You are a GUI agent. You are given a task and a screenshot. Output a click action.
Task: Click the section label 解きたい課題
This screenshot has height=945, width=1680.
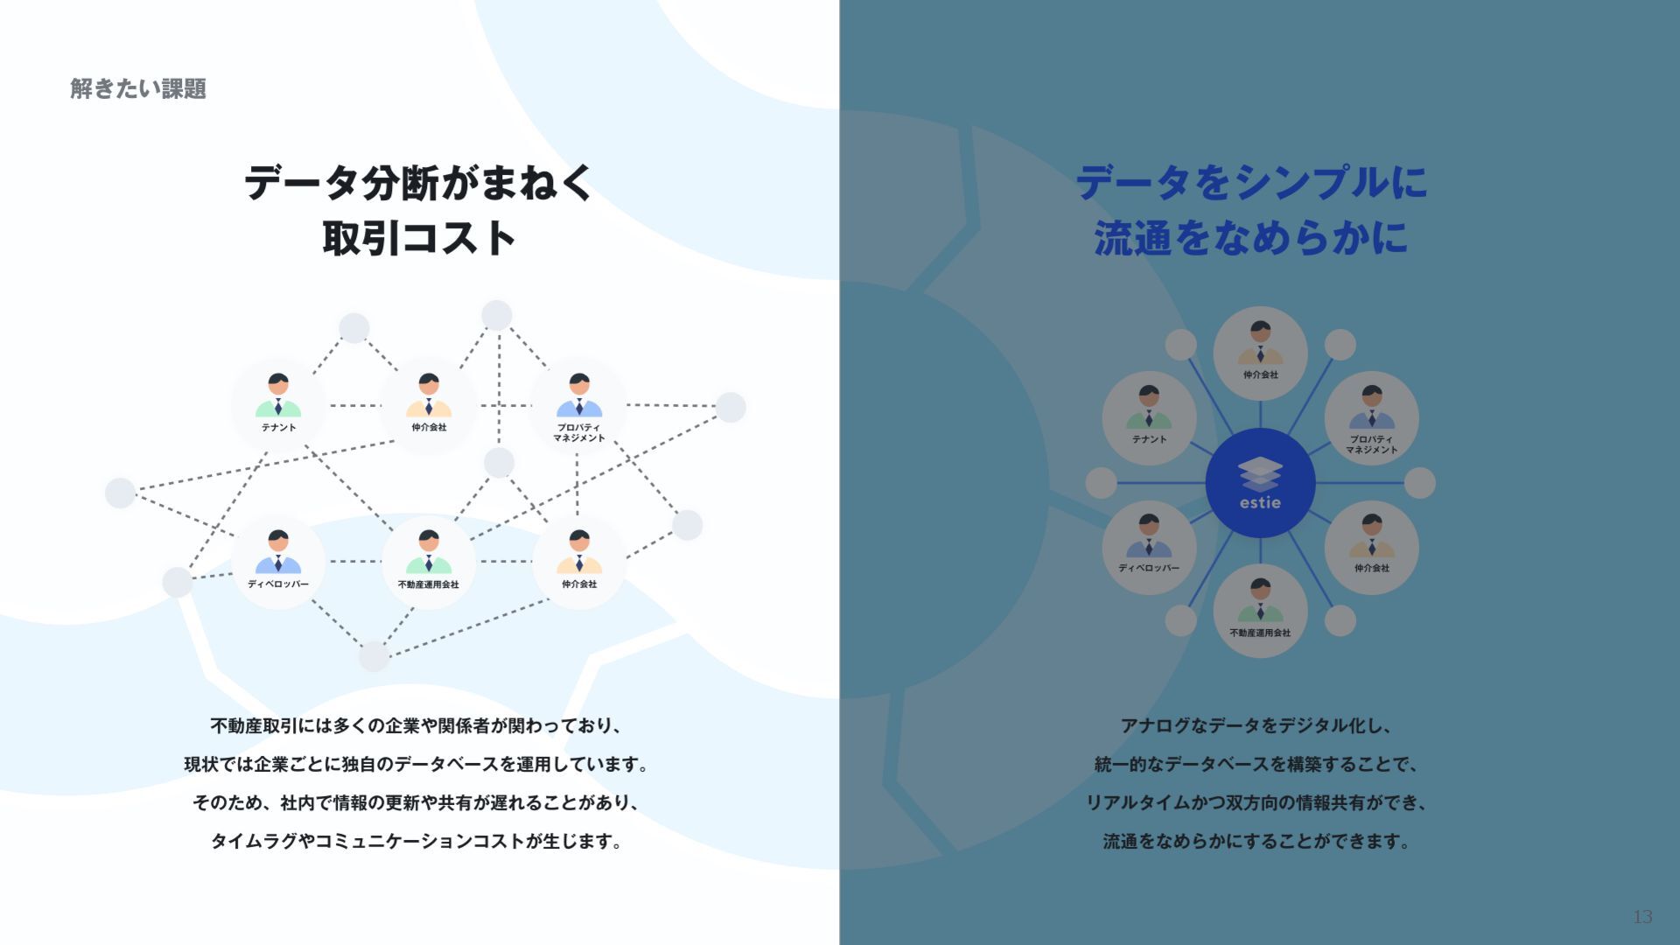click(138, 89)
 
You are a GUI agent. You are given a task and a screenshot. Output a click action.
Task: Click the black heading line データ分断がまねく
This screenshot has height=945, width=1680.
click(418, 183)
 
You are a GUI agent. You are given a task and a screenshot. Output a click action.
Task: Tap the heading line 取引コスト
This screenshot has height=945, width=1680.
click(418, 238)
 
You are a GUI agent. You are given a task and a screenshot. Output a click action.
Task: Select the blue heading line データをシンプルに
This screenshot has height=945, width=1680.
click(1251, 183)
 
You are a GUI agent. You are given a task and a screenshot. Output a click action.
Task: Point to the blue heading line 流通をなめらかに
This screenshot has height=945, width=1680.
click(1251, 238)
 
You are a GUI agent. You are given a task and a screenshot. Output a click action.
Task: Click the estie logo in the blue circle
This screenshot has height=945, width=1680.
click(1260, 483)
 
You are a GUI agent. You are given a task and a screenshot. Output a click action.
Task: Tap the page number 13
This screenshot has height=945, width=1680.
click(1641, 916)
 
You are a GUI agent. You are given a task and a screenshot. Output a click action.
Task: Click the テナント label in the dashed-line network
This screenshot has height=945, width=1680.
click(278, 428)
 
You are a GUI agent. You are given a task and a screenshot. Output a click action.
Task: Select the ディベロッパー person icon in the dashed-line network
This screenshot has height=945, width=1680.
click(278, 551)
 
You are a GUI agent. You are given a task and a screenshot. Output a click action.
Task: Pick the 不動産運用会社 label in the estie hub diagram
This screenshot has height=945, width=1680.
click(1260, 633)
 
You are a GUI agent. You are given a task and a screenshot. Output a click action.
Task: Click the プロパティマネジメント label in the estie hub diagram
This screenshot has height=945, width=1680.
click(1371, 444)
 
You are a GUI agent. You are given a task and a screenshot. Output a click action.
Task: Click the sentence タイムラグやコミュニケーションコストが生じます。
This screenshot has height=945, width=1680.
click(416, 842)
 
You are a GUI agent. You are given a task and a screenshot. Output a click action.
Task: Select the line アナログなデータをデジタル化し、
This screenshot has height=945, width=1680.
click(1256, 726)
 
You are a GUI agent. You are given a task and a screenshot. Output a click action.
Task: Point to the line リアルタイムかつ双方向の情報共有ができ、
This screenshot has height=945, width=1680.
click(1256, 803)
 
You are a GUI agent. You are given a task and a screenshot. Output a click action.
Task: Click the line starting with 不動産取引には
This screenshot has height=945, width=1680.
click(416, 726)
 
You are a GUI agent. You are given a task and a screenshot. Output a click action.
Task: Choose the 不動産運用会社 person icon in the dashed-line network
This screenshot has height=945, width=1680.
click(429, 551)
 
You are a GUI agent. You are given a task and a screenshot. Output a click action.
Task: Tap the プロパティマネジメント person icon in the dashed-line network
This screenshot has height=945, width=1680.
click(579, 395)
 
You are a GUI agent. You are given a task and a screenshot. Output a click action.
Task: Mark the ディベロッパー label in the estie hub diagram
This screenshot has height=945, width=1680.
click(1149, 568)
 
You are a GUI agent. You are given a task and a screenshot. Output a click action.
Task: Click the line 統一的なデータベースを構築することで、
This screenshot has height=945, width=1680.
click(1256, 765)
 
